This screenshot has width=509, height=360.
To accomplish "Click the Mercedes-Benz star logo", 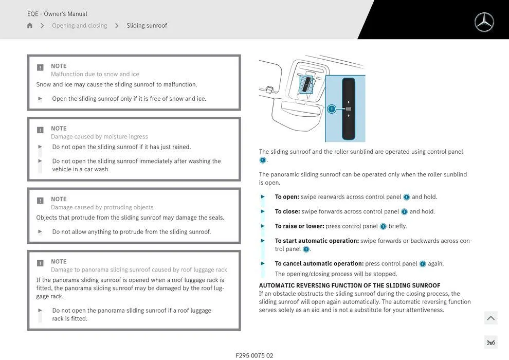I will tap(484, 22).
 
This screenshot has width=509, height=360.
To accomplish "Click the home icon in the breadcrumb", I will tap(30, 26).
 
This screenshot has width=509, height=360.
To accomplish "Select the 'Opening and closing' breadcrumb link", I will tap(79, 26).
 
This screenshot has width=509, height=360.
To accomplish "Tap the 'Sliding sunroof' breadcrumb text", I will tap(147, 26).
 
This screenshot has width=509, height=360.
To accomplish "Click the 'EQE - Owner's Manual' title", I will tap(57, 14).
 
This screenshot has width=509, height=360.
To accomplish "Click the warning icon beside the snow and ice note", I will tap(40, 67).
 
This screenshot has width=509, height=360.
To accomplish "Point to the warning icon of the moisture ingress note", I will tap(40, 130).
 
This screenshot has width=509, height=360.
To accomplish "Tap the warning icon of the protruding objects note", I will tap(40, 201).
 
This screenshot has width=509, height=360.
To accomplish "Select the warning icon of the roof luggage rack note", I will tap(40, 263).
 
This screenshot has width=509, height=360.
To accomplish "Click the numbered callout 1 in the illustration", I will tap(332, 109).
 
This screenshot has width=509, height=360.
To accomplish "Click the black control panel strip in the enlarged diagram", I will tap(348, 109).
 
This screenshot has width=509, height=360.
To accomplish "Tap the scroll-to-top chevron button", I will tap(490, 318).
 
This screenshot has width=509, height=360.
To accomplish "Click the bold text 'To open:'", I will tap(287, 197).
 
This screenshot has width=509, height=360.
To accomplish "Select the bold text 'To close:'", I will tap(287, 211).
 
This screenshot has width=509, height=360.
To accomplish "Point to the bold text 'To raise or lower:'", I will tap(299, 226).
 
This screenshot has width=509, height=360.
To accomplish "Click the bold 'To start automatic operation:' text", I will tap(317, 241).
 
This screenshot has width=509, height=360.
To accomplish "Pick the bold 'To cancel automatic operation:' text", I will tap(319, 264).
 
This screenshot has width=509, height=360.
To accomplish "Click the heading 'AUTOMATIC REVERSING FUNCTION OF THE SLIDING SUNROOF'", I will tap(350, 285).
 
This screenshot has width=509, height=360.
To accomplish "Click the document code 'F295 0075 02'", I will tap(254, 355).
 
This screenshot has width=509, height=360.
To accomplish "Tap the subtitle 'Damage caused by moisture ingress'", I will tap(99, 137).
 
